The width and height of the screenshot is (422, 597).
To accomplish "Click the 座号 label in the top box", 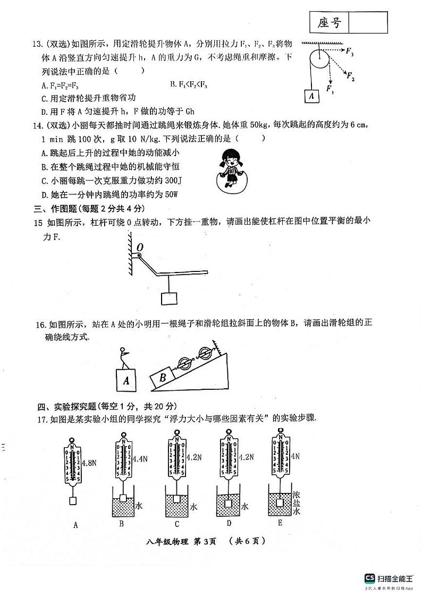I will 328,23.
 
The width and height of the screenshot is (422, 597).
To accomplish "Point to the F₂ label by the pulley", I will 350,77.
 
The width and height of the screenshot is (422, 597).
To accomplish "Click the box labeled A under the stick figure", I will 126,380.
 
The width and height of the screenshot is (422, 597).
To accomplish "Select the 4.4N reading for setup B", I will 141,457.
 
